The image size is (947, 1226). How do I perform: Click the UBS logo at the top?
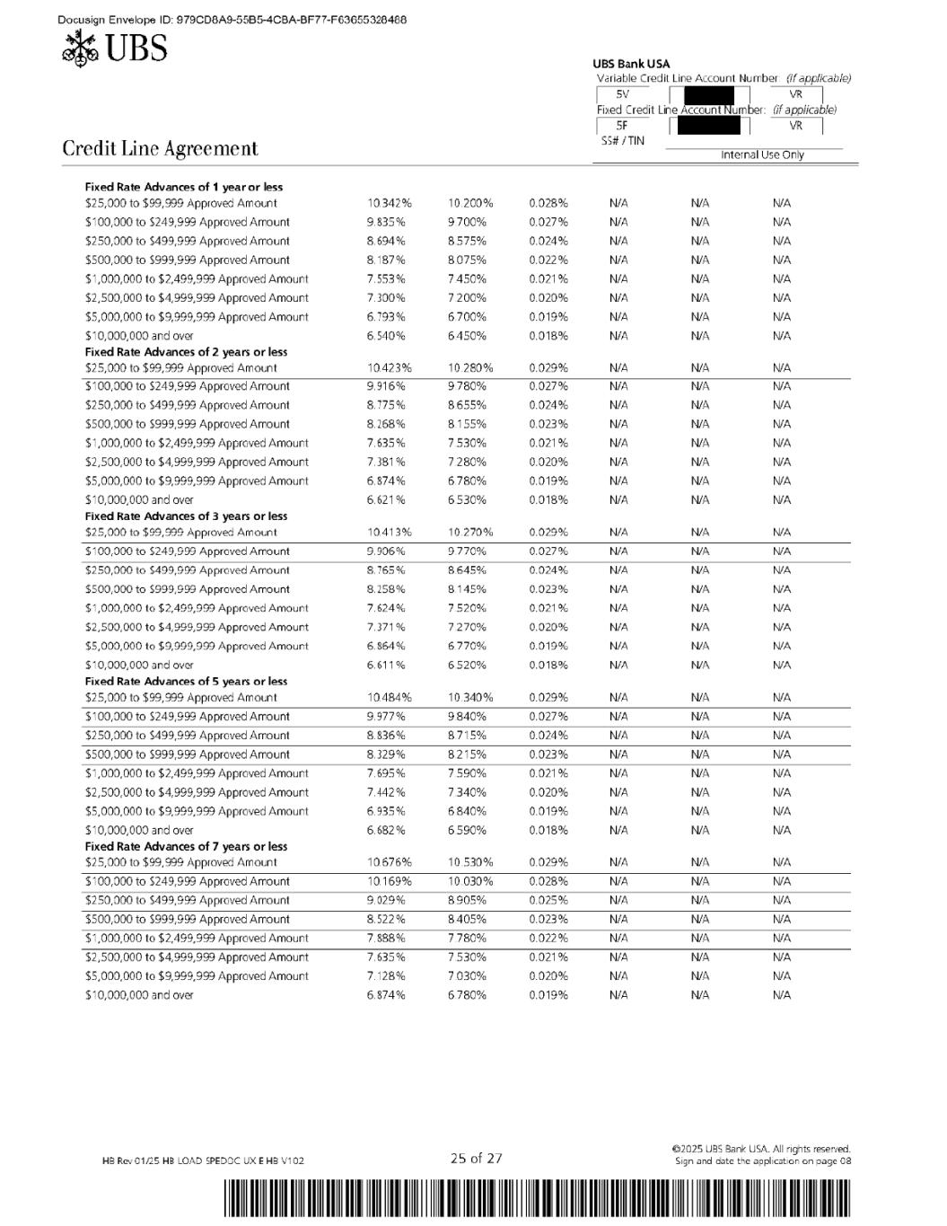[x=114, y=47]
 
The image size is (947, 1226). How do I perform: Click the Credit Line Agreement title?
[x=160, y=148]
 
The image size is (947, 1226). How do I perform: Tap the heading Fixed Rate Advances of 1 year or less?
[x=183, y=187]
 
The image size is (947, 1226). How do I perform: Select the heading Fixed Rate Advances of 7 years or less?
[x=186, y=846]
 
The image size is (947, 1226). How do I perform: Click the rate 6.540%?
[x=385, y=336]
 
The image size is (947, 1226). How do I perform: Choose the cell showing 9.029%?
[x=385, y=900]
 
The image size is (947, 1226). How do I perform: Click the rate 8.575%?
[x=467, y=241]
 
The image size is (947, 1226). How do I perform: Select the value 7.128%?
[x=385, y=976]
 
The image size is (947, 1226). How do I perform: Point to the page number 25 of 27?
[x=476, y=1159]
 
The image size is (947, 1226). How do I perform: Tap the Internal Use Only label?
[x=762, y=154]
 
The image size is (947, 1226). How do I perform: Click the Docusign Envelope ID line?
[x=232, y=20]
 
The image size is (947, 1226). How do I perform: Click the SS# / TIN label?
[x=622, y=141]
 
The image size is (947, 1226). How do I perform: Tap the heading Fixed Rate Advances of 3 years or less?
[x=186, y=516]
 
